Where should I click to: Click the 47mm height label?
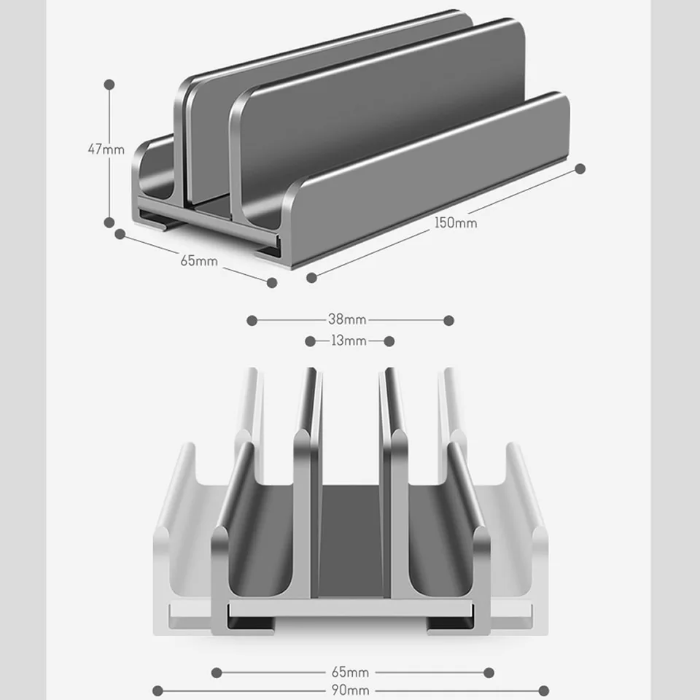pos(106,149)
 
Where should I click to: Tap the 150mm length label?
pos(456,223)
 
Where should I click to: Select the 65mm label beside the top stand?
pos(199,261)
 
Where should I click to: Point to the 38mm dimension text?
pos(347,319)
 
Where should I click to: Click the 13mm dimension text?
pos(349,341)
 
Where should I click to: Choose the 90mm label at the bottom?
pos(351,691)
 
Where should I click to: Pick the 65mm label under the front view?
pos(351,672)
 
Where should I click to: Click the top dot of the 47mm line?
pos(109,85)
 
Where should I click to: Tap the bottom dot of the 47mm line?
pos(109,222)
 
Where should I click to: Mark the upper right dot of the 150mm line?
pos(580,168)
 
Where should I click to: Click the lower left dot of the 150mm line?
pos(311,278)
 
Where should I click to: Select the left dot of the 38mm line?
pos(252,321)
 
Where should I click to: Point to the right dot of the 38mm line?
pos(449,321)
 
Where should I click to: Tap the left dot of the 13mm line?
pos(311,341)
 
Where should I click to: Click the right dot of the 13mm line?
pos(389,341)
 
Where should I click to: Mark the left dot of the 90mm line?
pos(157,691)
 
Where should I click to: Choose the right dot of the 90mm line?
pos(544,691)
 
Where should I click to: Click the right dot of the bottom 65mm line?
pos(489,673)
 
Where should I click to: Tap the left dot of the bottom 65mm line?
pos(217,673)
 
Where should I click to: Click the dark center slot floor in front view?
pos(351,541)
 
